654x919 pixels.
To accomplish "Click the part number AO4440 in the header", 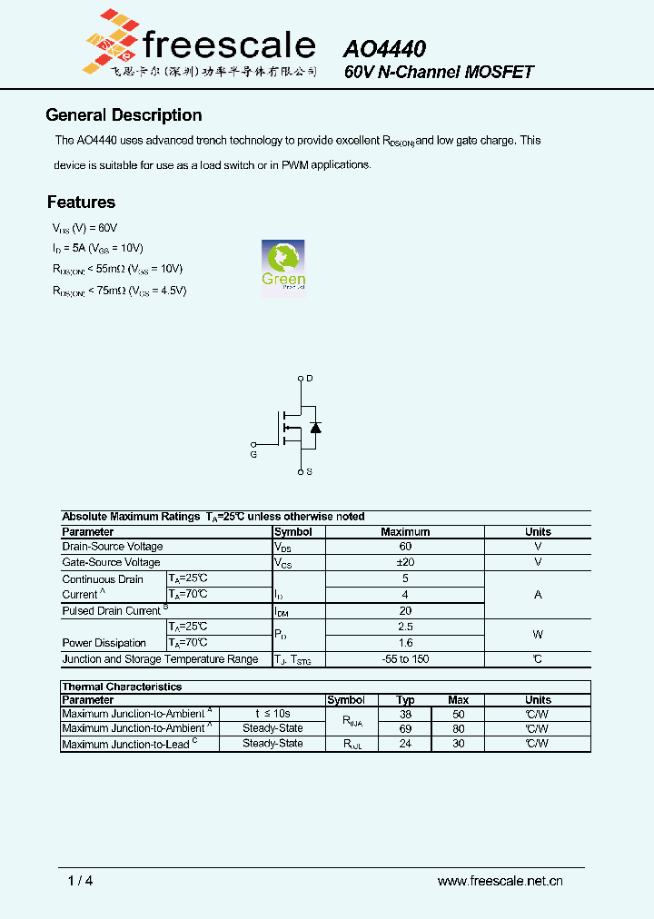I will coord(384,49).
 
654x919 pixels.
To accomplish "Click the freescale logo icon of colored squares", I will coord(108,41).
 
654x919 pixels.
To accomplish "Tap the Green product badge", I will coord(283,266).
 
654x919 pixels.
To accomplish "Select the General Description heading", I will coord(124,115).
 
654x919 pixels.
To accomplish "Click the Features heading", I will coord(81,203).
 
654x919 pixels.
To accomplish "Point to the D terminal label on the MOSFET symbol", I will coord(310,378).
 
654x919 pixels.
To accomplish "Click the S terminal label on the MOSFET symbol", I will coord(310,472).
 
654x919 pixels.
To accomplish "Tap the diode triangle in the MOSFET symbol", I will coord(315,427).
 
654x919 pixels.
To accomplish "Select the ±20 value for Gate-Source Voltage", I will coord(405,562).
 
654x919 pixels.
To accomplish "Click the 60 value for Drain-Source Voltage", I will coord(405,547).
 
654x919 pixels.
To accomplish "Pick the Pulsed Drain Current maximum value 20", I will coord(405,611).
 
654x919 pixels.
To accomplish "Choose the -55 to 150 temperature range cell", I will coord(405,659).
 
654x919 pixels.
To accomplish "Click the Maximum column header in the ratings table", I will coord(405,532).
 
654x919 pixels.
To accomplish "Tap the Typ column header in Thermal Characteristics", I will coord(406,700).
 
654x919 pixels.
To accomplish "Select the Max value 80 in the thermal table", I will coord(459,728).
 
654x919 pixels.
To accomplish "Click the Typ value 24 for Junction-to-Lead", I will coord(406,744).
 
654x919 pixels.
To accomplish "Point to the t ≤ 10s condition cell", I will coord(272,714).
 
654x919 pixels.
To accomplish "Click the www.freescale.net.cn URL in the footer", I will coord(500,881).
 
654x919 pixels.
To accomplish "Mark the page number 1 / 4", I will coord(80,881).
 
